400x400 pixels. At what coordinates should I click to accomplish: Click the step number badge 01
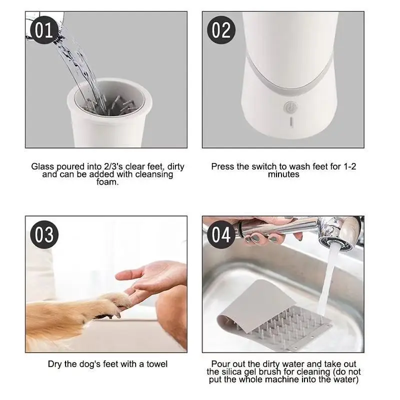coord(43,30)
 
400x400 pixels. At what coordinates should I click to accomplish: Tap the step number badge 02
coord(221,30)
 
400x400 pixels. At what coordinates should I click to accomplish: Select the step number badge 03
coord(44,234)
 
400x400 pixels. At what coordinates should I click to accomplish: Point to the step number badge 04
coord(221,234)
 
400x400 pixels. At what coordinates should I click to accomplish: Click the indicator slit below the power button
coord(291,121)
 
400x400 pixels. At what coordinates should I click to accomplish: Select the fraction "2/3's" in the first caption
coord(113,166)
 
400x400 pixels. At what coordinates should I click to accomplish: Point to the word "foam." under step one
coord(107,182)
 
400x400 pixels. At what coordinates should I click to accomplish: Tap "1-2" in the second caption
coord(349,166)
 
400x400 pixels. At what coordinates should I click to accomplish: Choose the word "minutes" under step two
coord(283,174)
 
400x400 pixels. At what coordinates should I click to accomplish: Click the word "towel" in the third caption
coord(157,364)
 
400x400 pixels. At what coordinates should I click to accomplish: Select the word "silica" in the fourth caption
coord(232,371)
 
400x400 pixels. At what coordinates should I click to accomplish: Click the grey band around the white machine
coord(289,76)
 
